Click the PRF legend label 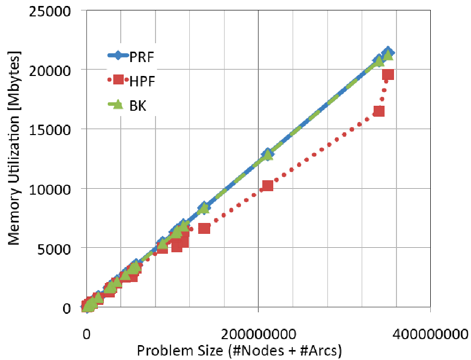tap(142, 57)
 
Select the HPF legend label tap(142, 81)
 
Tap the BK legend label tap(138, 106)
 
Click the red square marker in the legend tap(118, 79)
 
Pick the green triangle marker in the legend tap(118, 104)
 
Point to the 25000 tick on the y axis tap(50, 11)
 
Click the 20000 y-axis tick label tap(50, 71)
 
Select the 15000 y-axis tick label tap(50, 130)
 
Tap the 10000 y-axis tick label tap(50, 190)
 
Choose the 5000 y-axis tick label tap(54, 249)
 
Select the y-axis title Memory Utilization tap(13, 148)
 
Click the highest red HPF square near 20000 tap(388, 74)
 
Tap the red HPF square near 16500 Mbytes tap(379, 111)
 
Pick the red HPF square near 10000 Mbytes tap(268, 186)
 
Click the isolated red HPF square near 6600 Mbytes tap(204, 228)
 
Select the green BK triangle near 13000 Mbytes tap(267, 154)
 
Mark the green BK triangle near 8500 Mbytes tap(204, 208)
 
